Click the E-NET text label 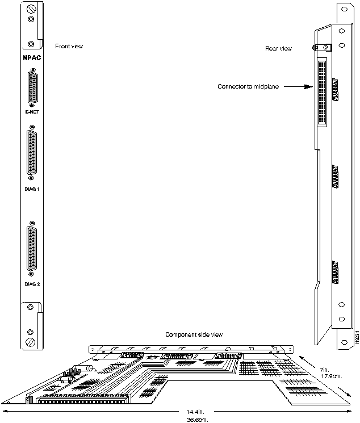(x=33, y=112)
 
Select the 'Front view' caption (x=69, y=46)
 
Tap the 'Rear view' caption (x=278, y=49)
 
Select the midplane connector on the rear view (x=323, y=93)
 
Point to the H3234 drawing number (x=357, y=338)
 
